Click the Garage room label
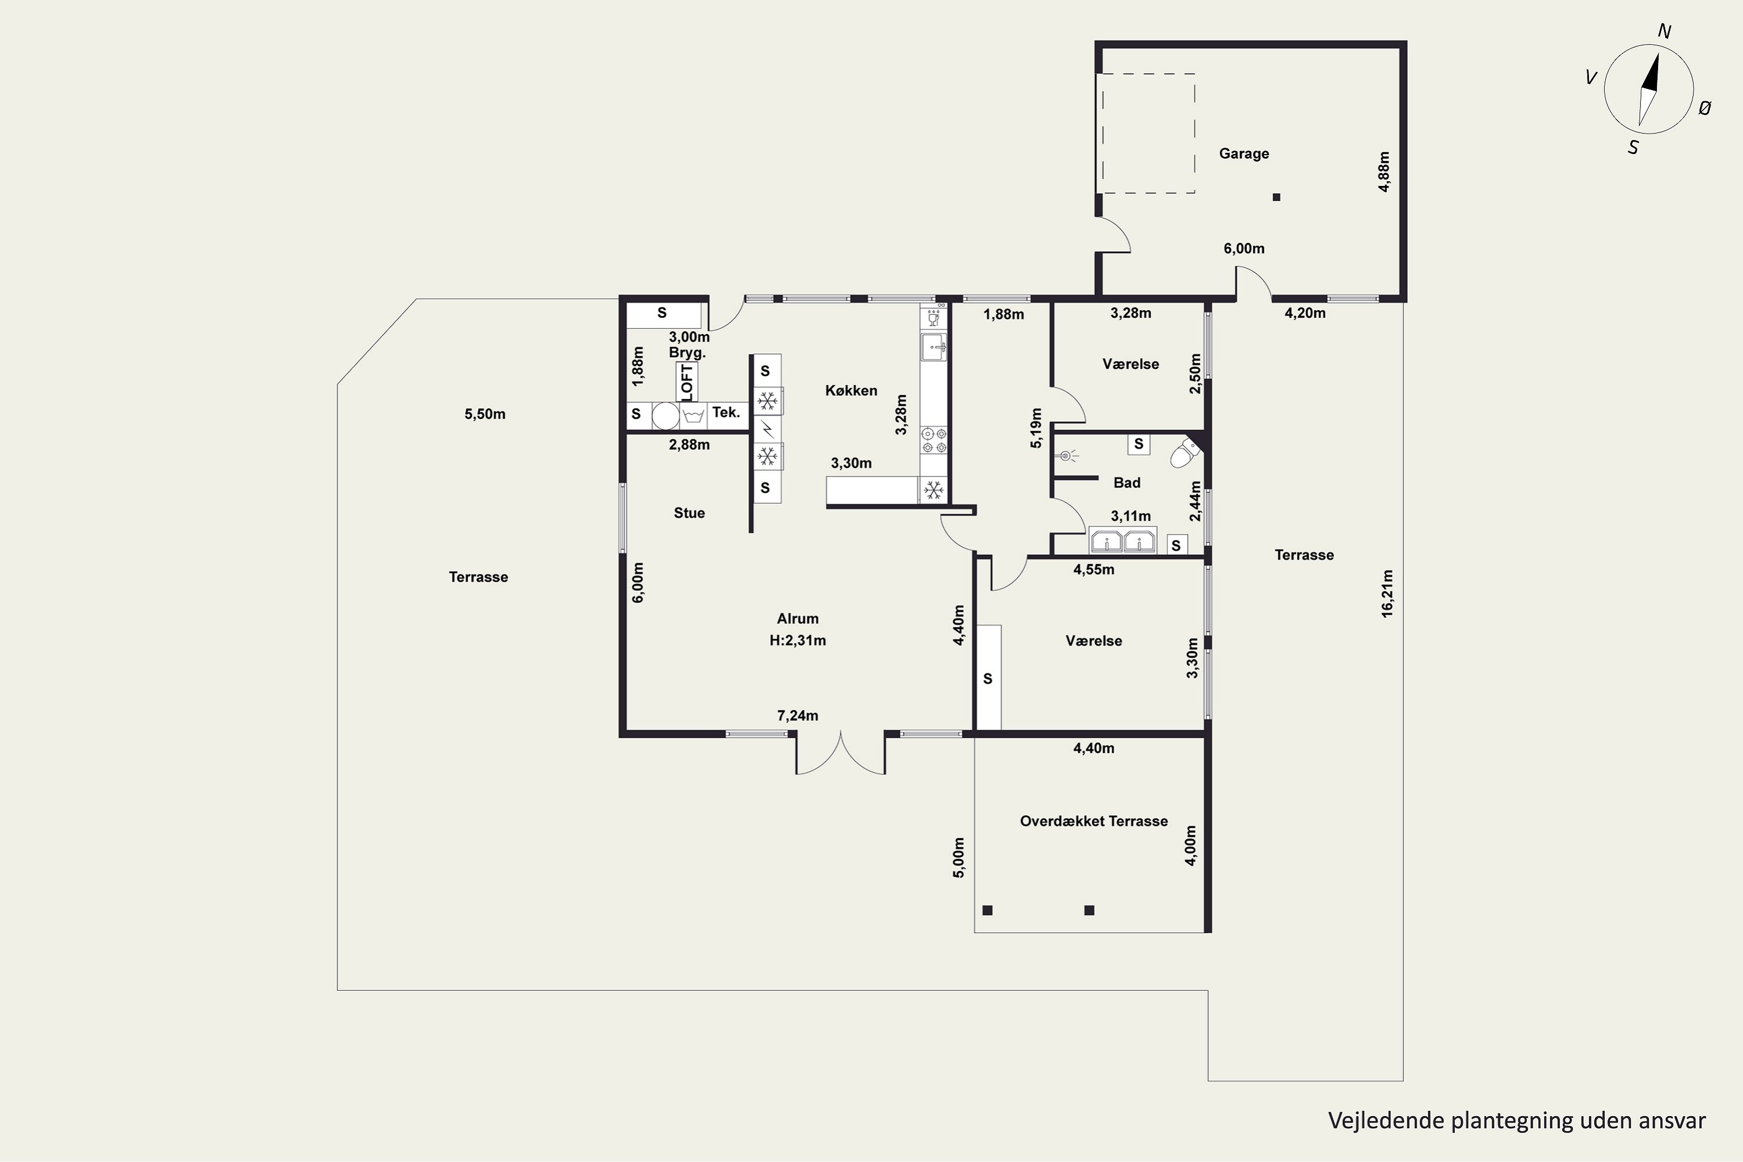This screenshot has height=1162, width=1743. coord(1243,153)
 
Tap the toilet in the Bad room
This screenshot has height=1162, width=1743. coord(1184,453)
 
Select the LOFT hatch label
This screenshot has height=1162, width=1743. coord(686,381)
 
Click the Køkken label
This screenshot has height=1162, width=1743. coord(851,390)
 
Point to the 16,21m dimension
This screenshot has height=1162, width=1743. coord(1386,593)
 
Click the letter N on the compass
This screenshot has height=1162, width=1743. coord(1664,31)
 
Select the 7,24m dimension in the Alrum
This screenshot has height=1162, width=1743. coord(797,716)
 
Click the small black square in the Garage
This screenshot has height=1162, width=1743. coord(1276,197)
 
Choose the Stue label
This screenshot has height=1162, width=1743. coord(689,513)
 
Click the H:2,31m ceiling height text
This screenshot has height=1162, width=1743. coord(797,640)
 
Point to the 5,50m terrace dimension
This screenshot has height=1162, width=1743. coord(485,414)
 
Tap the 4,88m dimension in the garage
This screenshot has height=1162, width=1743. coord(1383,172)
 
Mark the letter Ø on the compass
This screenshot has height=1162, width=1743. coord(1705,108)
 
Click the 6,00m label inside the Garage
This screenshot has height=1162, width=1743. coord(1243,248)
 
